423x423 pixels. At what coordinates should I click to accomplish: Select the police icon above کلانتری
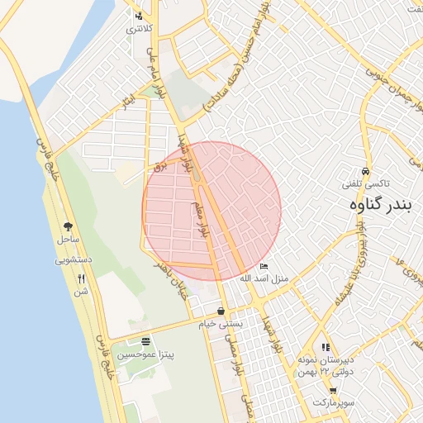point(138,16)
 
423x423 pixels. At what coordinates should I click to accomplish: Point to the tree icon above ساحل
point(68,226)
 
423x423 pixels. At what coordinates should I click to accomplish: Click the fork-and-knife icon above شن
point(81,278)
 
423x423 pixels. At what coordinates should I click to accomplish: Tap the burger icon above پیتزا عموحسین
point(146,340)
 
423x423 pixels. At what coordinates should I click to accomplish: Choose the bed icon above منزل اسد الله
point(264,266)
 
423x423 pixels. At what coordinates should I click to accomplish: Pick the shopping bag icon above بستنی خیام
point(222,311)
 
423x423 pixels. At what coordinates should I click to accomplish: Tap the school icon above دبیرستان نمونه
point(326,347)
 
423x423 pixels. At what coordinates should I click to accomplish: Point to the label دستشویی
point(73,259)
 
